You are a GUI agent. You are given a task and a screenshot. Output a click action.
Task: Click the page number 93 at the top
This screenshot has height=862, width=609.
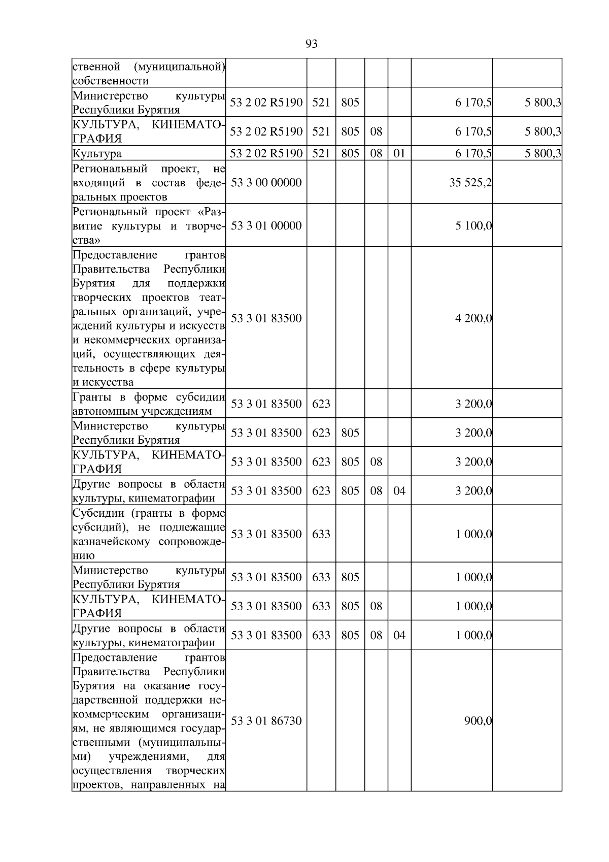coord(312,44)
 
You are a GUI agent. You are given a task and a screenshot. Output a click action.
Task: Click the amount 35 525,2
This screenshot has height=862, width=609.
coord(470,182)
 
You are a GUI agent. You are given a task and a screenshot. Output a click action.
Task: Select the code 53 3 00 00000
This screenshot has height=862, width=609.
coord(266,182)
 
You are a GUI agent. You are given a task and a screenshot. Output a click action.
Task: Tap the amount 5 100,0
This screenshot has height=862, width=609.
coord(473,225)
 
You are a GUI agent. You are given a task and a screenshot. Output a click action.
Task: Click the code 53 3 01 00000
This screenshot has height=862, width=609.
coord(266,225)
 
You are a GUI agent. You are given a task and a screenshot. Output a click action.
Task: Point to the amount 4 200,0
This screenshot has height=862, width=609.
coord(473,318)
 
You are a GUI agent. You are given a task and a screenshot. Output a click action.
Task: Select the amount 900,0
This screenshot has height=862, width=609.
coord(478,720)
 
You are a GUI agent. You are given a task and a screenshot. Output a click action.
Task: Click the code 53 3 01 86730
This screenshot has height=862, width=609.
coord(266,720)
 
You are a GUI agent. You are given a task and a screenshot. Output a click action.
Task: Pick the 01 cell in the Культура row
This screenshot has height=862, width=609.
coord(399,153)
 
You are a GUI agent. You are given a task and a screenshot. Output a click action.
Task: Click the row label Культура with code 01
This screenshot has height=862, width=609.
coord(97,153)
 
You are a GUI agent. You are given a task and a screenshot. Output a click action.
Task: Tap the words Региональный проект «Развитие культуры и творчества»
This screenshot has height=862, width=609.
coord(149,225)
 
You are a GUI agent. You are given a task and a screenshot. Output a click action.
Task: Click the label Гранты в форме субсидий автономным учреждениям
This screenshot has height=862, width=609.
coord(149,404)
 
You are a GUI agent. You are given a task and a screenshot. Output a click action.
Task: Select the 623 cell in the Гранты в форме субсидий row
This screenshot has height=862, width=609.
coord(321,404)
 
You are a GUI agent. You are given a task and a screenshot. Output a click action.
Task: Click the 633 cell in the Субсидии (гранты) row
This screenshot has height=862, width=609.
coord(321,534)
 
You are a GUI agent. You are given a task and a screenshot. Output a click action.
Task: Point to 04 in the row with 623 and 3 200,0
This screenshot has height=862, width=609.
coord(399,490)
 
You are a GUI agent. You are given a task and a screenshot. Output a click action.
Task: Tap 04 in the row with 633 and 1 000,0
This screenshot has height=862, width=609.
coord(399,635)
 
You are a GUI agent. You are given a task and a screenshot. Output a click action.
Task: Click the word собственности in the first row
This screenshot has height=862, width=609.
coord(110,81)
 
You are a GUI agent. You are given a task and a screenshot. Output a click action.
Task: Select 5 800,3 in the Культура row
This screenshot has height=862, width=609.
coord(542,153)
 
